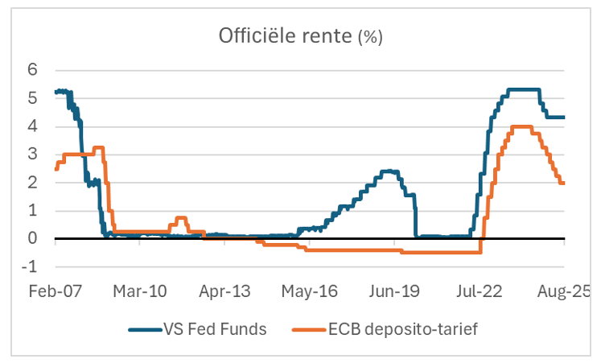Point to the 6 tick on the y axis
[x=34, y=70]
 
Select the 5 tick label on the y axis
[x=34, y=98]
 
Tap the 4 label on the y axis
[x=34, y=126]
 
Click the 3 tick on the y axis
[x=34, y=155]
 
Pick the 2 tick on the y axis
[x=34, y=183]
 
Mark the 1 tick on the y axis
[x=34, y=211]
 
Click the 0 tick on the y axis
[x=34, y=239]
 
